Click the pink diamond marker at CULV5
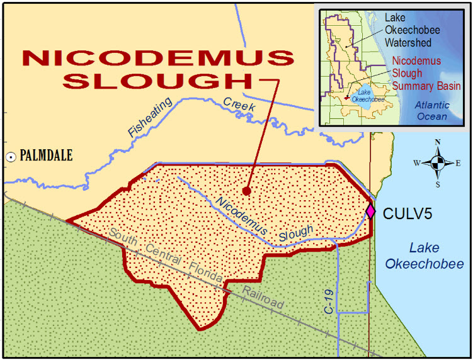click(x=370, y=210)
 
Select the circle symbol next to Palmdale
click(x=11, y=157)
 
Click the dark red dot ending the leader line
click(x=247, y=190)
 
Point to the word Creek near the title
click(x=239, y=104)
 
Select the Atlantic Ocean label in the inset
click(x=431, y=111)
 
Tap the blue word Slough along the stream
click(x=295, y=233)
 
